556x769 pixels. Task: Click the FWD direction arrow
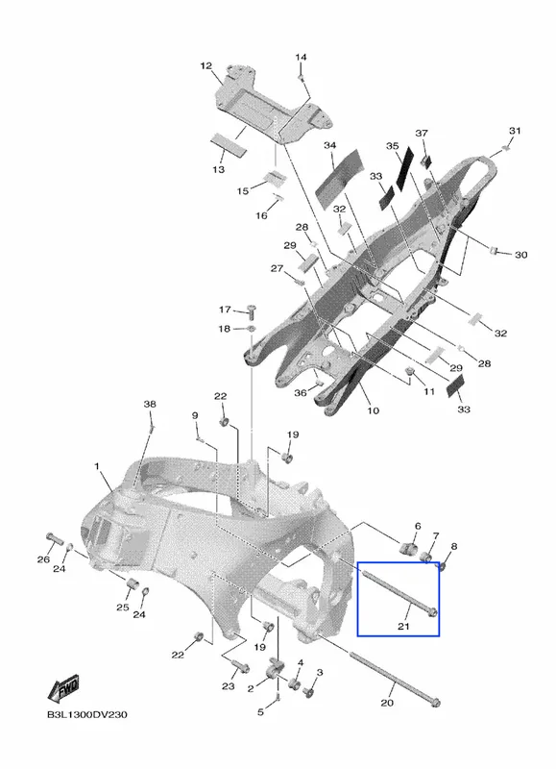(62, 689)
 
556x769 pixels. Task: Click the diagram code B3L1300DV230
(87, 714)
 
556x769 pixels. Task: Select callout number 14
(301, 58)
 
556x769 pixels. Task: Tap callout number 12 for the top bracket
(205, 65)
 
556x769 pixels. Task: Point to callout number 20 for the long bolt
(387, 703)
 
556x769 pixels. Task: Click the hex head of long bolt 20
(434, 704)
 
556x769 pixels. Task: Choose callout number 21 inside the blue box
(403, 627)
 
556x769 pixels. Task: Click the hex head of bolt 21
(431, 612)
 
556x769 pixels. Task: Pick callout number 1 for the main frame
(96, 466)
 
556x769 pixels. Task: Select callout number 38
(150, 404)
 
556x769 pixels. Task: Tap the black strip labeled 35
(405, 167)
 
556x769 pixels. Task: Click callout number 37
(422, 134)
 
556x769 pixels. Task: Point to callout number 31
(515, 131)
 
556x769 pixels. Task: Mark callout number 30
(520, 255)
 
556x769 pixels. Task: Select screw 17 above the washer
(253, 310)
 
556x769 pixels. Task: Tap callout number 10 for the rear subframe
(374, 410)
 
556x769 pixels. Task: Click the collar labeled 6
(408, 548)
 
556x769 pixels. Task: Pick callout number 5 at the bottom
(260, 711)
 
